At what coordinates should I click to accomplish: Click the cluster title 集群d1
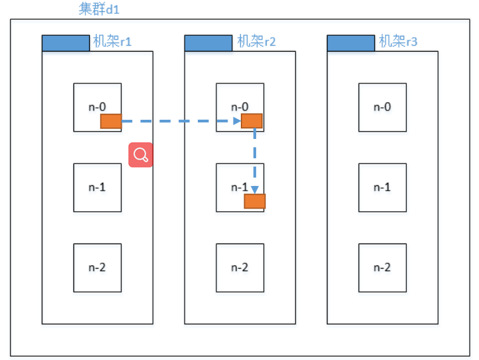point(99,10)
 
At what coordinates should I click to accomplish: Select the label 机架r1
point(112,42)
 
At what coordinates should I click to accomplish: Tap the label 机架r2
point(256,42)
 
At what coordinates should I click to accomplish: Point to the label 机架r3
point(398,42)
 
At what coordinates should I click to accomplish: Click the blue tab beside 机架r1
point(65,43)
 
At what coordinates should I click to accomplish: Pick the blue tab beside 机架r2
point(208,43)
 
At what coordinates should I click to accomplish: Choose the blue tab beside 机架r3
point(351,43)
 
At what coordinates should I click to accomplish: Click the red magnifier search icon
point(141,155)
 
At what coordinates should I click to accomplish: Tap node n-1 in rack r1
point(97,187)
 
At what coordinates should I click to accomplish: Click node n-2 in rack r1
point(97,267)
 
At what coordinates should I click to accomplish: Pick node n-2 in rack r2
point(239,267)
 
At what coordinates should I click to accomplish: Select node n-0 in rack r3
point(382,107)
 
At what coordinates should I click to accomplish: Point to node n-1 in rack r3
point(382,187)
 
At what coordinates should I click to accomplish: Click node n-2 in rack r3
point(382,267)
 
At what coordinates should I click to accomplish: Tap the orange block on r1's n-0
point(111,121)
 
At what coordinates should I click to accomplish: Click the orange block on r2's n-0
point(251,120)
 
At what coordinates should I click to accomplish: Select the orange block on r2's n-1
point(255,201)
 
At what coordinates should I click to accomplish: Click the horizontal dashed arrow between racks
point(179,121)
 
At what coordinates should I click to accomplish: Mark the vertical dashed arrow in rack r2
point(255,159)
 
